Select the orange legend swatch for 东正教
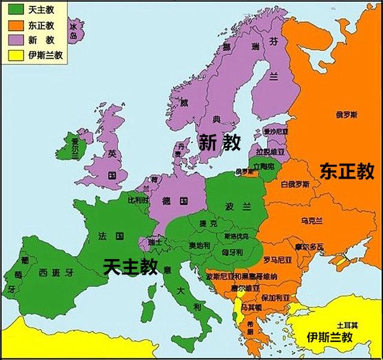click(16, 26)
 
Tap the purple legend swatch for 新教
click(16, 41)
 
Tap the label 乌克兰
click(312, 221)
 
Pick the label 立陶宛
click(263, 165)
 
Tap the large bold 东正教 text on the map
click(347, 171)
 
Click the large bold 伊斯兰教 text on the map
click(330, 337)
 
